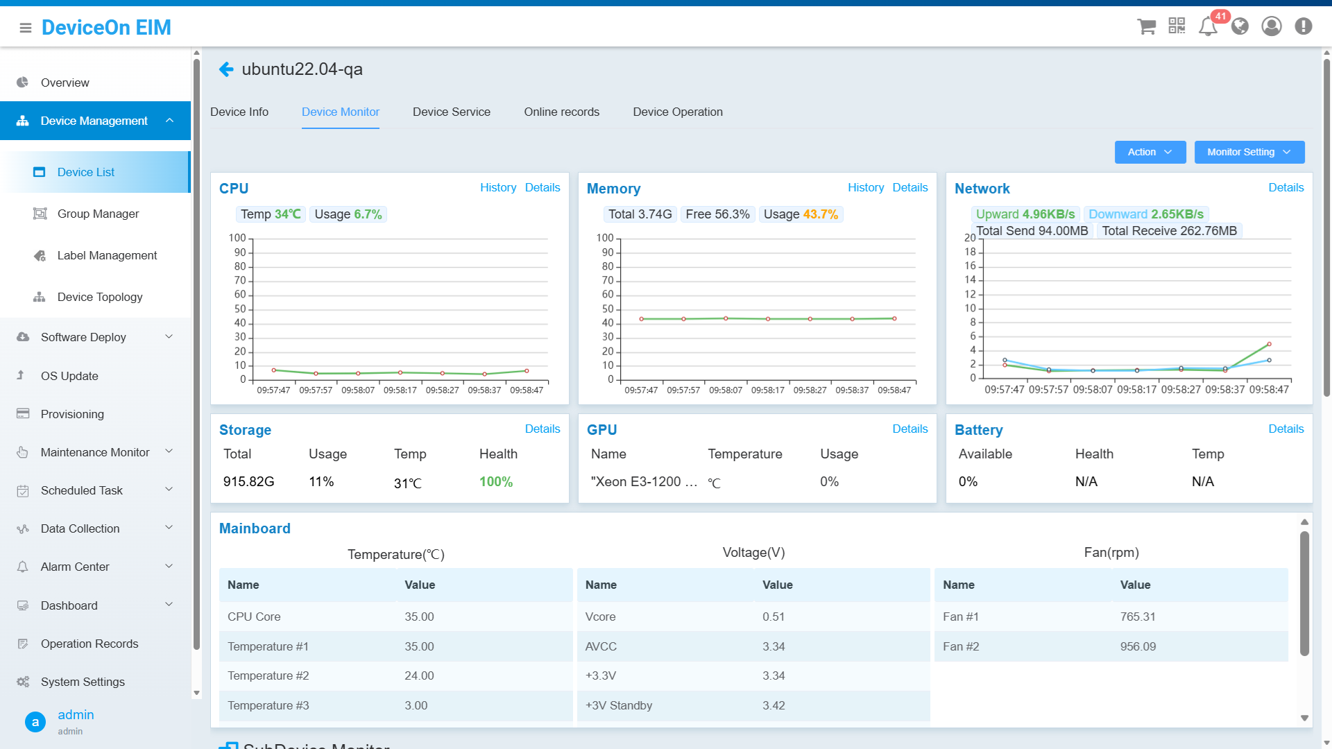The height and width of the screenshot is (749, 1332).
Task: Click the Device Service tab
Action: click(x=451, y=112)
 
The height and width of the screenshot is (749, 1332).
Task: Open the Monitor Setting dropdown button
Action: click(x=1249, y=153)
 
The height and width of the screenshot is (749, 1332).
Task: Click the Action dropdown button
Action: click(x=1150, y=153)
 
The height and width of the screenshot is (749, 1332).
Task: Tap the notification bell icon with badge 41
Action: click(x=1208, y=26)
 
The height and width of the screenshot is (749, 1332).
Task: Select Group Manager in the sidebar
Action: click(x=98, y=214)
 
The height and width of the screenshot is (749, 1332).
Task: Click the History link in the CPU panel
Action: click(x=497, y=188)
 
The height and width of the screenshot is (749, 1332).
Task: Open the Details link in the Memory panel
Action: click(x=910, y=188)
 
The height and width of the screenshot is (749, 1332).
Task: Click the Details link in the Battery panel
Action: click(x=1286, y=429)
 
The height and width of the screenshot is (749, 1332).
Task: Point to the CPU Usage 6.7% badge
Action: click(x=348, y=214)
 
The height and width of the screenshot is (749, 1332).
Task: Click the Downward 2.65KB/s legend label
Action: click(x=1145, y=214)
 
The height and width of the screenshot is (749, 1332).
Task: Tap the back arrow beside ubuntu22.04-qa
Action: click(x=226, y=69)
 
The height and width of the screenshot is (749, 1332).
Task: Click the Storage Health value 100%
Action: click(x=495, y=482)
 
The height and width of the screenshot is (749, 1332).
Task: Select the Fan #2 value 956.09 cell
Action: click(x=1138, y=646)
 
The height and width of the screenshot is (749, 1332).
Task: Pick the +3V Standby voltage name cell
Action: click(x=619, y=705)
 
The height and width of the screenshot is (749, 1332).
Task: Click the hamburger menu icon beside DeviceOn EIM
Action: click(x=26, y=28)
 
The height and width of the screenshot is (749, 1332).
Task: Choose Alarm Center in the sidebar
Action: click(x=75, y=567)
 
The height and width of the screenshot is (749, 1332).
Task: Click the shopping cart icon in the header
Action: click(x=1146, y=26)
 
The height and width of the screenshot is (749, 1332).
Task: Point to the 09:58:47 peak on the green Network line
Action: click(x=1269, y=344)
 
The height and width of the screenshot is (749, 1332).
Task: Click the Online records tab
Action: click(x=561, y=112)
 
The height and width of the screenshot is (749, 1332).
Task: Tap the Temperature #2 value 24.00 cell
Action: click(x=419, y=675)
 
